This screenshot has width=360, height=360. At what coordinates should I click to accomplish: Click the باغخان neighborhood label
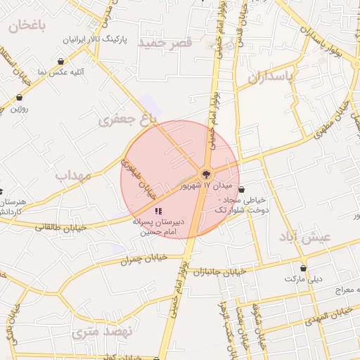click(27, 26)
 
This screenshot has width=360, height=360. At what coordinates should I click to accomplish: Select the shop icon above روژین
click(19, 97)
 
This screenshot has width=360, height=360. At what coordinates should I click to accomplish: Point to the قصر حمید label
click(165, 43)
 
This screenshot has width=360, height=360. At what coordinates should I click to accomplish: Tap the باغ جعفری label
click(127, 120)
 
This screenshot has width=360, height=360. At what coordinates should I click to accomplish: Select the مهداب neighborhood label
click(73, 175)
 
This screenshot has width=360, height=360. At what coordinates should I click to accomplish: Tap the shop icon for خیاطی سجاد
click(242, 189)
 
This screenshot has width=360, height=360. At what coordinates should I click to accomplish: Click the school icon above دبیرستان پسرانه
click(159, 210)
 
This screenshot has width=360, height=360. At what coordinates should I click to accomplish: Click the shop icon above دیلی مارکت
click(304, 268)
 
